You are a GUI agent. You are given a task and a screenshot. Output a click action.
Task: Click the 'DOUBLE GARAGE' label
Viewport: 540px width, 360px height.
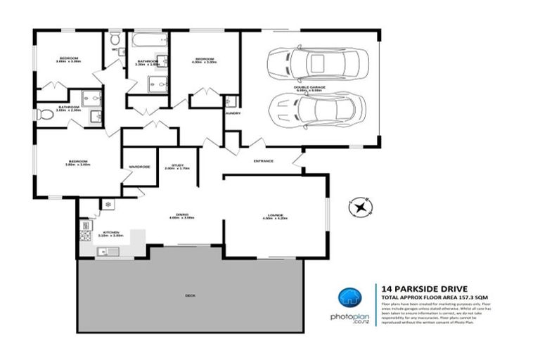(309, 88)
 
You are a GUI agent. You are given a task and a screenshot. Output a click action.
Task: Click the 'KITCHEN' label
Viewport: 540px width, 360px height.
(110, 232)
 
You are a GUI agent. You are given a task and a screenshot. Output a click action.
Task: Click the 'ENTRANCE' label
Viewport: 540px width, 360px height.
(264, 161)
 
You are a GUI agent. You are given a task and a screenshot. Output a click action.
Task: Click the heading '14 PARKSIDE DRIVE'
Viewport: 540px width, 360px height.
(413, 288)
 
